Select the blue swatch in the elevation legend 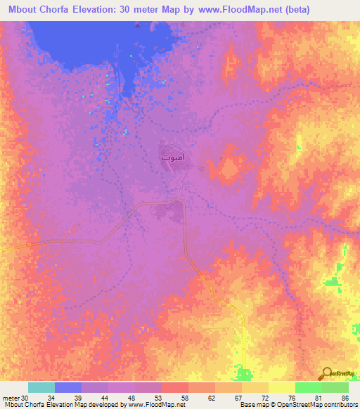click(x=68, y=387)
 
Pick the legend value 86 click(x=345, y=398)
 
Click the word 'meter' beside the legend click(x=11, y=398)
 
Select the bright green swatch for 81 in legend click(x=309, y=387)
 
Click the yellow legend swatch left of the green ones click(x=282, y=387)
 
